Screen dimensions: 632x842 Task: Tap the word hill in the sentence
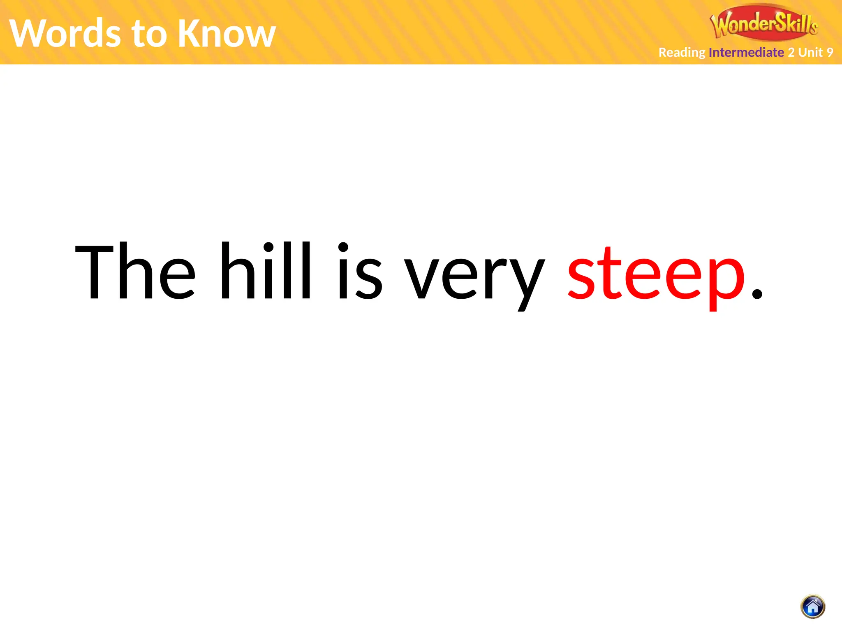pos(266,270)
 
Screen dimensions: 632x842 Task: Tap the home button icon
pos(813,607)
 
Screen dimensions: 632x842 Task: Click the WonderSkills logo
pos(764,23)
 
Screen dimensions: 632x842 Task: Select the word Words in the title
pos(65,33)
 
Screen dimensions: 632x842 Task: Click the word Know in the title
pos(227,33)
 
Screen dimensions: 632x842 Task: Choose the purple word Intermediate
pos(746,52)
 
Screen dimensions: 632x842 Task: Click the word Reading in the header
pos(682,53)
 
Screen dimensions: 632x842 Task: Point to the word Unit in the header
pos(810,52)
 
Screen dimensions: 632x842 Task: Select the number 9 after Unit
pos(830,52)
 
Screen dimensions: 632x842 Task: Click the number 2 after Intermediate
pos(791,52)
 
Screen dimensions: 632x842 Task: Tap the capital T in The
pos(95,272)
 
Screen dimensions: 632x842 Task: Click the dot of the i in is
pos(343,248)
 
